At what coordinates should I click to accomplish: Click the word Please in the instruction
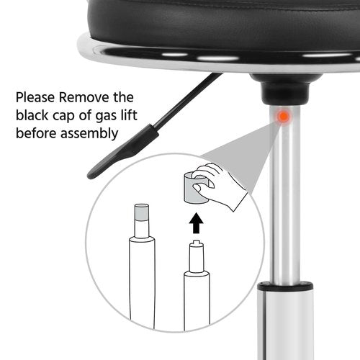tap(35, 98)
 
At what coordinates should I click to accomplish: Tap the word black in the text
tap(32, 115)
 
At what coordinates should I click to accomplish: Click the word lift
tap(129, 115)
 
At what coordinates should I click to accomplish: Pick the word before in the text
tap(36, 133)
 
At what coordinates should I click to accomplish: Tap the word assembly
tap(89, 134)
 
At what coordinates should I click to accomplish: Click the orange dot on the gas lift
tap(284, 117)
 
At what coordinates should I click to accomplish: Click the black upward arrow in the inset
tap(196, 223)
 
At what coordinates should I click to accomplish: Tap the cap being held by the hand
tap(194, 188)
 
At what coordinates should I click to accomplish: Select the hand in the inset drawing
tap(218, 186)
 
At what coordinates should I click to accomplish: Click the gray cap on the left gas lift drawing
tap(142, 212)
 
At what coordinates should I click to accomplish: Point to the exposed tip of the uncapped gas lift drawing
tap(197, 242)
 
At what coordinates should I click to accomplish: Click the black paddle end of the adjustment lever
tap(121, 153)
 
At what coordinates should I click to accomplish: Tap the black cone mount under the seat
tap(286, 89)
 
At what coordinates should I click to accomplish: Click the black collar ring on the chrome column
tap(285, 287)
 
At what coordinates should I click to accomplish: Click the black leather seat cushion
tap(223, 27)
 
